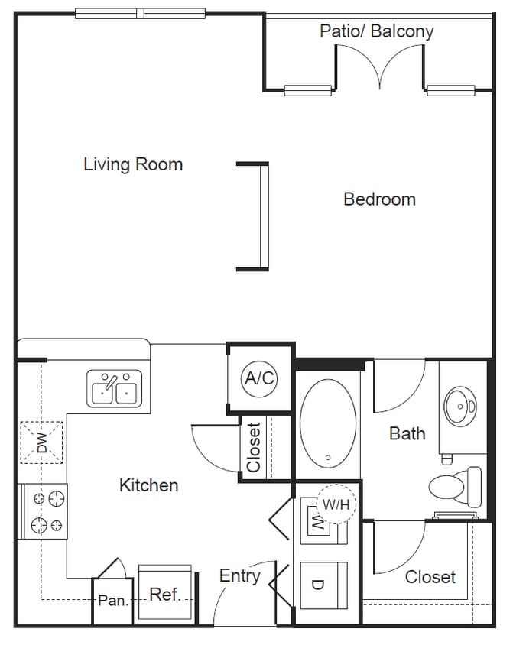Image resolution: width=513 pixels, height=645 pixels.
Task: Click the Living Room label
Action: tap(133, 164)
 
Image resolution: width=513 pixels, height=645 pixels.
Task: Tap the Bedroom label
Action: tap(379, 199)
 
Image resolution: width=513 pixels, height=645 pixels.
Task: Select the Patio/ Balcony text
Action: tap(376, 31)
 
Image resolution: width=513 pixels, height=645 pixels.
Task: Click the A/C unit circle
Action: tap(259, 378)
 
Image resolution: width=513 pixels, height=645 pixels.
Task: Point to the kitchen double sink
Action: tap(115, 388)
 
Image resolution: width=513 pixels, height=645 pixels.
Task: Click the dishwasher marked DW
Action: tap(42, 442)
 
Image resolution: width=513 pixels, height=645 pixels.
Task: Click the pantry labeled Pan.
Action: tap(113, 601)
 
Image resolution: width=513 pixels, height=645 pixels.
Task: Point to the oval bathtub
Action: tap(327, 425)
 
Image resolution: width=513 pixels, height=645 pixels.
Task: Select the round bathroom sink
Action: tap(462, 406)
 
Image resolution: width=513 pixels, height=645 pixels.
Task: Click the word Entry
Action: tap(239, 576)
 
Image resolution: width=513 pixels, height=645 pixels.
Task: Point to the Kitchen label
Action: tap(149, 485)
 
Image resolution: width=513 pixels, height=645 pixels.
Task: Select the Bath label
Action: tap(407, 433)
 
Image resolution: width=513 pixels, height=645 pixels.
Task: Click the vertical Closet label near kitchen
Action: tap(254, 448)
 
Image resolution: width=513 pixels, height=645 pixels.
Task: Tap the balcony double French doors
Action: tap(380, 67)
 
